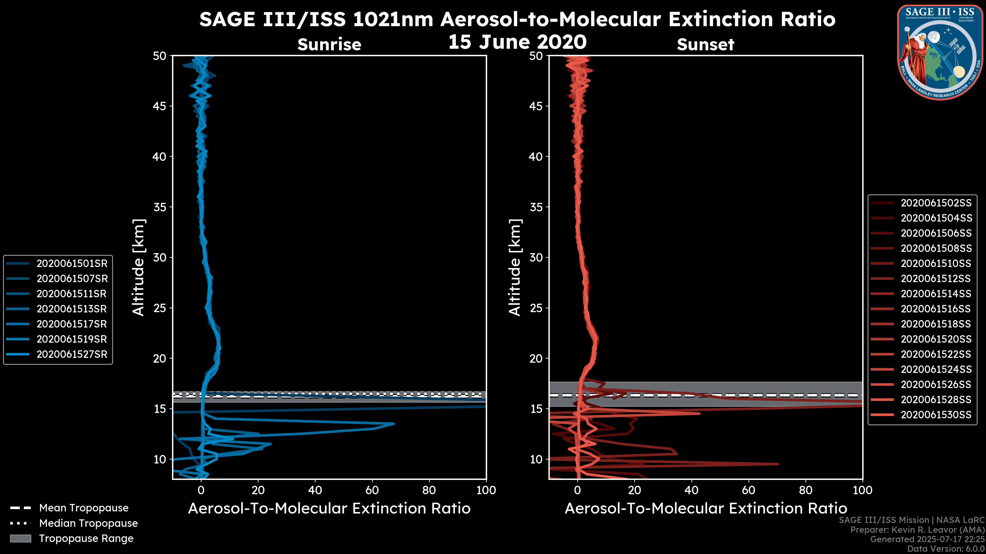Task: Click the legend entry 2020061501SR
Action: (72, 263)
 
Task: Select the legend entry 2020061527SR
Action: (72, 354)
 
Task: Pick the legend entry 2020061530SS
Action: (936, 415)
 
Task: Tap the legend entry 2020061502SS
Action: (936, 203)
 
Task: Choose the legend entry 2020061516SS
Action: (936, 309)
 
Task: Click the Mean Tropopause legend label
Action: (84, 508)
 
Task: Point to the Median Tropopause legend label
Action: (88, 523)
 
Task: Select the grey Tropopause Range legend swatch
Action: (21, 538)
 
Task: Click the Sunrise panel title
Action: (329, 45)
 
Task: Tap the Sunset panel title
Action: (705, 45)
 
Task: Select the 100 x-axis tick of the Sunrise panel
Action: (486, 490)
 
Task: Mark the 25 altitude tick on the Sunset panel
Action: (536, 308)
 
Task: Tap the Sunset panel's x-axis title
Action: (705, 509)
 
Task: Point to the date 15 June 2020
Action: (517, 42)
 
